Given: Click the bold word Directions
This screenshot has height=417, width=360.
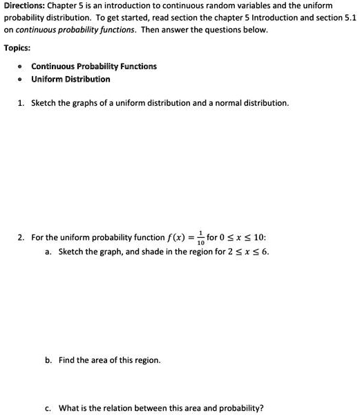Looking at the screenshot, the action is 23,6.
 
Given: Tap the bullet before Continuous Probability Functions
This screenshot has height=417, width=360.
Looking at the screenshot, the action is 22,66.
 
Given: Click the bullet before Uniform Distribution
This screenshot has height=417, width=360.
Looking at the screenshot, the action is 22,80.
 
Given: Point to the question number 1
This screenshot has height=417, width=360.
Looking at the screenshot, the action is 21,103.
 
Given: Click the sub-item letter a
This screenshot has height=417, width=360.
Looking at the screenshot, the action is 48,252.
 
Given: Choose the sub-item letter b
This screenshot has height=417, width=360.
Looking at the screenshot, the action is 48,360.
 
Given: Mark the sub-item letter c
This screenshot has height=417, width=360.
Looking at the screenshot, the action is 48,408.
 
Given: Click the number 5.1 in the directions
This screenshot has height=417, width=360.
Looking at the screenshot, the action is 350,18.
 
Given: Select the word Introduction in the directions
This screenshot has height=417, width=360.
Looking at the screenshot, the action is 274,18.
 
